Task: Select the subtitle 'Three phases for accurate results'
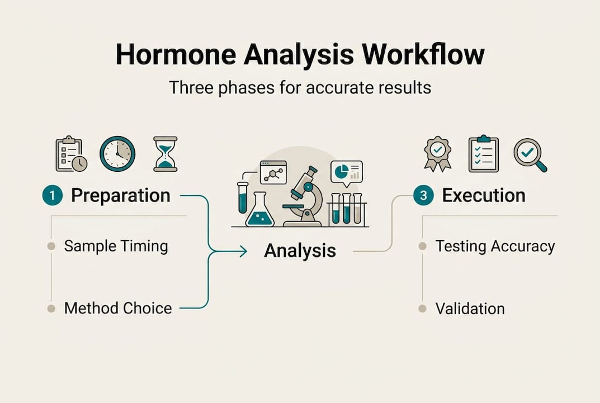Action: pos(300,88)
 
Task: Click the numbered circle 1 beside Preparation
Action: pos(51,196)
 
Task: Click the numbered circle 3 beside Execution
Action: pos(423,196)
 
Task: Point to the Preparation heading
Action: pos(120,196)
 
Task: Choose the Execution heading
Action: pos(483,196)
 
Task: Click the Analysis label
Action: pos(300,251)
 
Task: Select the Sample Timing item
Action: pos(116,246)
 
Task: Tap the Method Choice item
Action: pos(117,308)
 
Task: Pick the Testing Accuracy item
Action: pos(495,246)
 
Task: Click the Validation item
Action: pos(470,308)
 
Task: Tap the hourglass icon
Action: pos(165,153)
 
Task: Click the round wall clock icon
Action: pos(117,153)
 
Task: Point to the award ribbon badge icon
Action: pos(437,153)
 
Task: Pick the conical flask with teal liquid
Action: pos(260,211)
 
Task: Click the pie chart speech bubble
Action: pos(346,172)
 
